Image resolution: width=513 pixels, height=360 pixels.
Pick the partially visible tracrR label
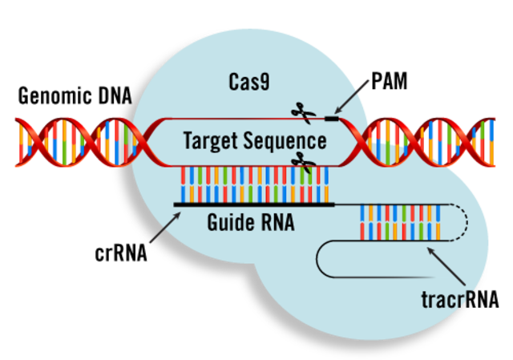click(449, 301)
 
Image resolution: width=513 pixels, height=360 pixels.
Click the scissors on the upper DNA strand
click(302, 112)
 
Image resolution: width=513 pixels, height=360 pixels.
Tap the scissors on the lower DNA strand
click(302, 163)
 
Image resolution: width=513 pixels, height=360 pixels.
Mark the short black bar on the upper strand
click(330, 119)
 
